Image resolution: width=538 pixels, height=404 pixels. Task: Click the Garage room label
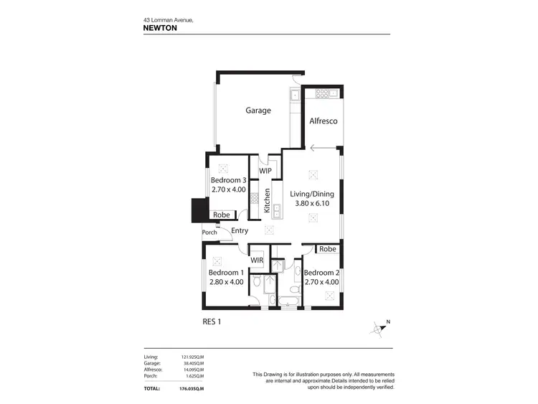[258, 111]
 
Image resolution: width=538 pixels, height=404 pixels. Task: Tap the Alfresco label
[323, 122]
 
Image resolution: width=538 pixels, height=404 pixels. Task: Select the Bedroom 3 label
[229, 180]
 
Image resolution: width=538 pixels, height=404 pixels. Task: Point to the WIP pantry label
[265, 172]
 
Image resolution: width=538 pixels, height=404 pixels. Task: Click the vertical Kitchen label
[267, 200]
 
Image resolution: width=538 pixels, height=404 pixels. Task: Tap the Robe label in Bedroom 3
[221, 215]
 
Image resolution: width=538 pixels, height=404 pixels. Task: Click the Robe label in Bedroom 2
[328, 249]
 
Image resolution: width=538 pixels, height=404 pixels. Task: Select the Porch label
[209, 232]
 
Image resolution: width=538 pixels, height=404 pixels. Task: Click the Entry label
[240, 230]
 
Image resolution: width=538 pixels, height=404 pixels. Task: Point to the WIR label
[258, 259]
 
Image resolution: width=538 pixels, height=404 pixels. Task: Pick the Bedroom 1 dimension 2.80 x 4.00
[226, 282]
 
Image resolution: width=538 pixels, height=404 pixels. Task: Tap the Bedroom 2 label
[321, 273]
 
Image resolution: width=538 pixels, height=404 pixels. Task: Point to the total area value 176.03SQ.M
[190, 388]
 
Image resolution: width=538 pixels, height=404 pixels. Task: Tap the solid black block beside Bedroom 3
[197, 210]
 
